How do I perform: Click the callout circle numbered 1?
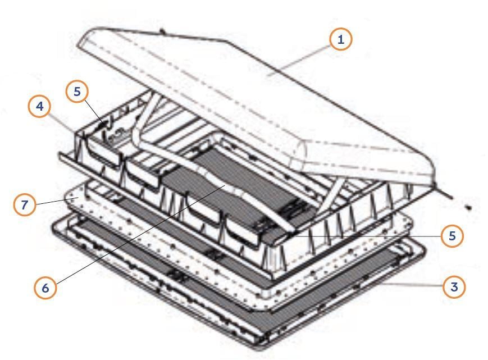[341, 39]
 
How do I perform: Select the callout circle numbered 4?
[40, 106]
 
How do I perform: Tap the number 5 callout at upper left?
[77, 92]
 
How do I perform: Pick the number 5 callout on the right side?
[452, 236]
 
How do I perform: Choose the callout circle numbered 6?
[45, 288]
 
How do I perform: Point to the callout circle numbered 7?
[25, 204]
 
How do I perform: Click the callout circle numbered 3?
[454, 286]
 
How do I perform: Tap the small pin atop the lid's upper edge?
[162, 31]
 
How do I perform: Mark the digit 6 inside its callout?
[45, 288]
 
